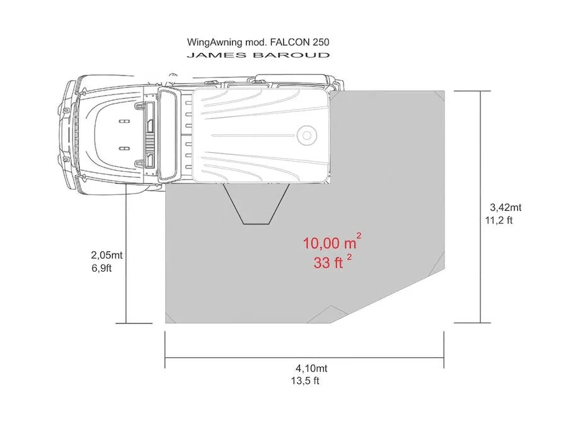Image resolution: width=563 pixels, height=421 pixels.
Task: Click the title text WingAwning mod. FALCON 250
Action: point(258,43)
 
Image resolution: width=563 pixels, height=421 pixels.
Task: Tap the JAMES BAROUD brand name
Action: point(258,55)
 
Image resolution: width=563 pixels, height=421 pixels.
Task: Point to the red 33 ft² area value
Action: point(329,263)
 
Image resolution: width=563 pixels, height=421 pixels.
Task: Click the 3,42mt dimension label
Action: point(506,207)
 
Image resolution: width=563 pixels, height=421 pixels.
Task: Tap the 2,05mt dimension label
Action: point(107,255)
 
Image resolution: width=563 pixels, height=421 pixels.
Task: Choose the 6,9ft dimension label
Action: point(102,267)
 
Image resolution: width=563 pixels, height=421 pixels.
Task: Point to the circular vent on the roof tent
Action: point(307,135)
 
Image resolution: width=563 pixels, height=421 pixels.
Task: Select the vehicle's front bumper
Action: point(64,133)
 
